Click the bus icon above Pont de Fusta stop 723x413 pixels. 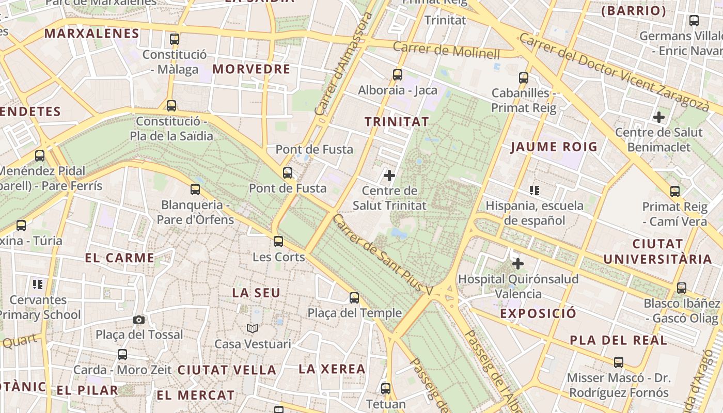[288, 173]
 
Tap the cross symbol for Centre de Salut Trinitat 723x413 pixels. [389, 176]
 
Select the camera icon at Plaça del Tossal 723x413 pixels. [138, 320]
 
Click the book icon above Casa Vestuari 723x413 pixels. [253, 328]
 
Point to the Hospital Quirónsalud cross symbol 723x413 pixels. [518, 264]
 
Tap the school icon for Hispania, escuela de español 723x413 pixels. [535, 190]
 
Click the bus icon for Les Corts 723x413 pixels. [278, 241]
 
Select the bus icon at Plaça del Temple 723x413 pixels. [354, 297]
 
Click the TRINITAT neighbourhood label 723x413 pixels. [397, 122]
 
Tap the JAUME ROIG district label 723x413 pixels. [554, 147]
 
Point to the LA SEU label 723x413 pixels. [256, 293]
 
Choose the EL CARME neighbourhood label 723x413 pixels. [120, 258]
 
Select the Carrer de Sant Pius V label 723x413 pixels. [382, 255]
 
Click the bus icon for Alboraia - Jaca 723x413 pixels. [398, 74]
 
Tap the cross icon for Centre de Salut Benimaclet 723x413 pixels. [658, 117]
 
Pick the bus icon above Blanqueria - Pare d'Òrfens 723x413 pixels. [195, 189]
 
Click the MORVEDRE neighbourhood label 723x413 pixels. [252, 69]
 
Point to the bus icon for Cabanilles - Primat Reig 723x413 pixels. [524, 78]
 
